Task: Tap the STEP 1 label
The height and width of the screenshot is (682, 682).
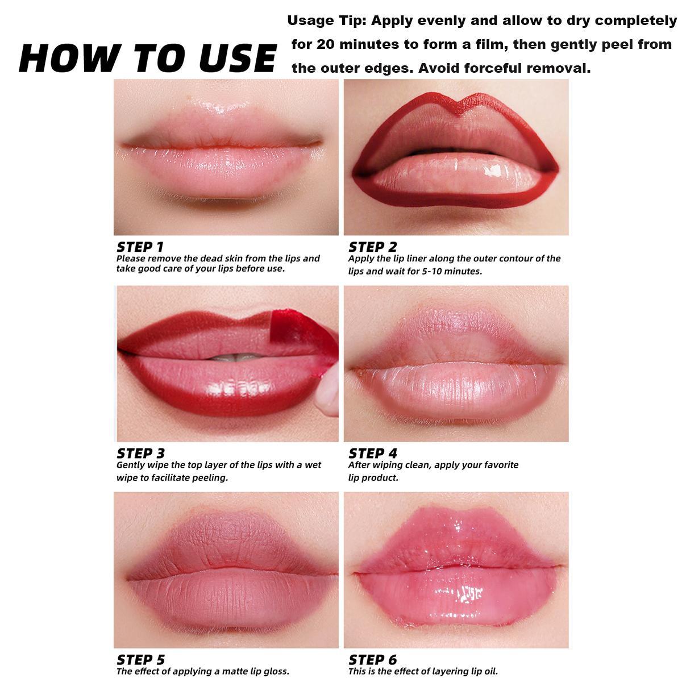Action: (x=140, y=247)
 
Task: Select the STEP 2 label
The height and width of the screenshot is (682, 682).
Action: (x=372, y=247)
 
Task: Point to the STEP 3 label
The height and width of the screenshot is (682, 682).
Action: (x=140, y=453)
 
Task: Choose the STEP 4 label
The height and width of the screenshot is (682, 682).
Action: (x=372, y=453)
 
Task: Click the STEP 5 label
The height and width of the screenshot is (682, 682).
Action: (x=140, y=659)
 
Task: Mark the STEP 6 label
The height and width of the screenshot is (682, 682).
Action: (x=372, y=659)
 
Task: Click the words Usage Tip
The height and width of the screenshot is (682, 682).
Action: (x=326, y=21)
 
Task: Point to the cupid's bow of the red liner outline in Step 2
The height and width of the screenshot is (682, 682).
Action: (x=457, y=102)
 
